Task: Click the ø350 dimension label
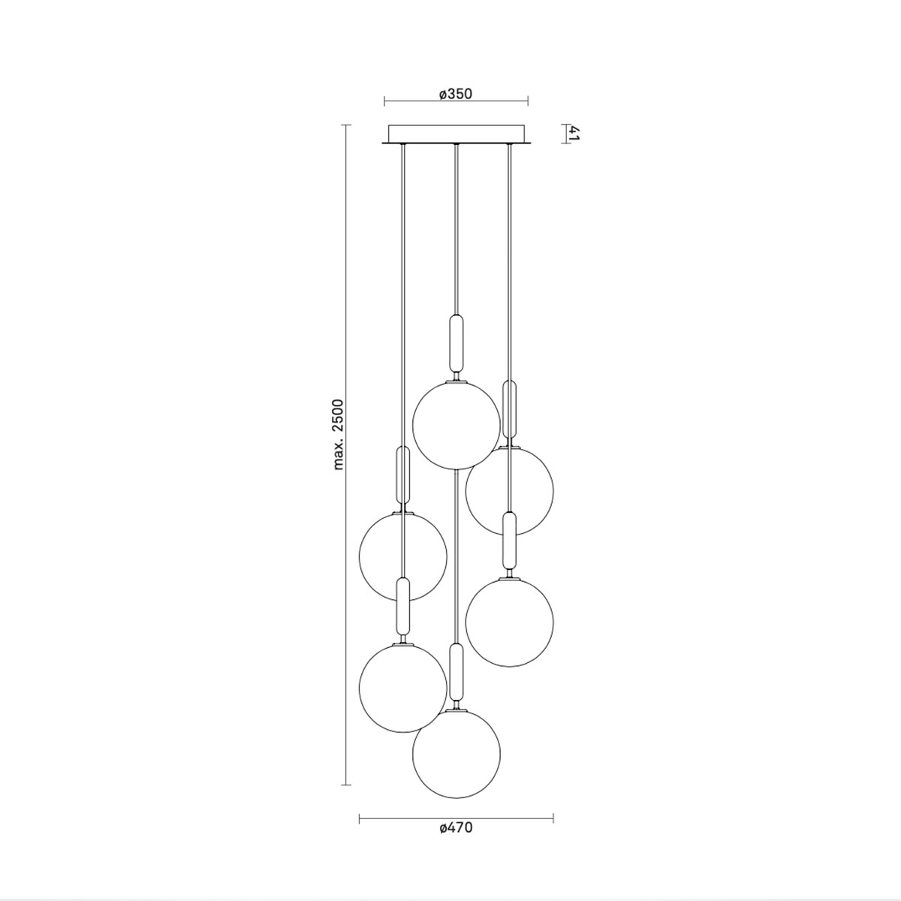455,94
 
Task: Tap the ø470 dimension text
456,828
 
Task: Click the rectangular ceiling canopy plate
457,134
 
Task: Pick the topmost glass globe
456,426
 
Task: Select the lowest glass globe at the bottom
456,754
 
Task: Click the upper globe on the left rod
403,556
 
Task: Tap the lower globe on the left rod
403,688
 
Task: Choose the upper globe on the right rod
510,490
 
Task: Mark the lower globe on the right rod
510,622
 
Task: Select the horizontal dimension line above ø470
456,818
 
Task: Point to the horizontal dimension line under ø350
456,101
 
